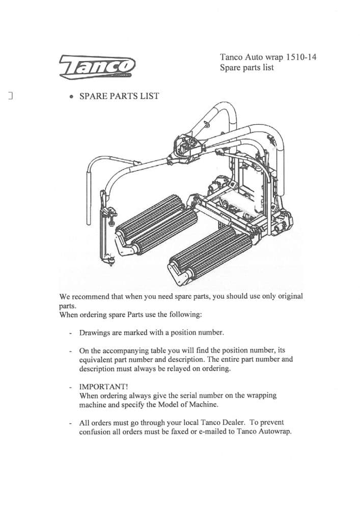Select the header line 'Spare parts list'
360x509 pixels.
(246, 68)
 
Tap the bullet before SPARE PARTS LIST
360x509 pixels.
(72, 97)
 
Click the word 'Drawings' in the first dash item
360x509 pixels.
(95, 332)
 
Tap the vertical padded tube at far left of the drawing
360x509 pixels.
(88, 199)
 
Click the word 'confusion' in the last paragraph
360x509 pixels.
(97, 432)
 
